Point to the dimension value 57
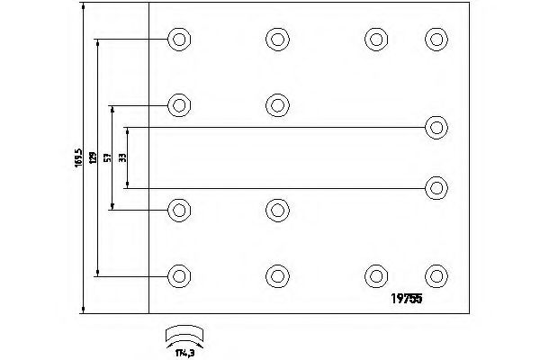tap(107, 158)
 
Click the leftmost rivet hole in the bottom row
tap(179, 275)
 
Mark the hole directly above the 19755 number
tap(436, 275)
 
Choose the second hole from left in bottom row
tap(277, 275)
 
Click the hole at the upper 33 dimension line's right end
tap(436, 127)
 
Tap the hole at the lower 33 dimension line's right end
tap(436, 187)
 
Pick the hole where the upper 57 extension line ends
tap(179, 104)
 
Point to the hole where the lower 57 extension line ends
tap(179, 211)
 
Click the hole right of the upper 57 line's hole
tap(277, 104)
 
